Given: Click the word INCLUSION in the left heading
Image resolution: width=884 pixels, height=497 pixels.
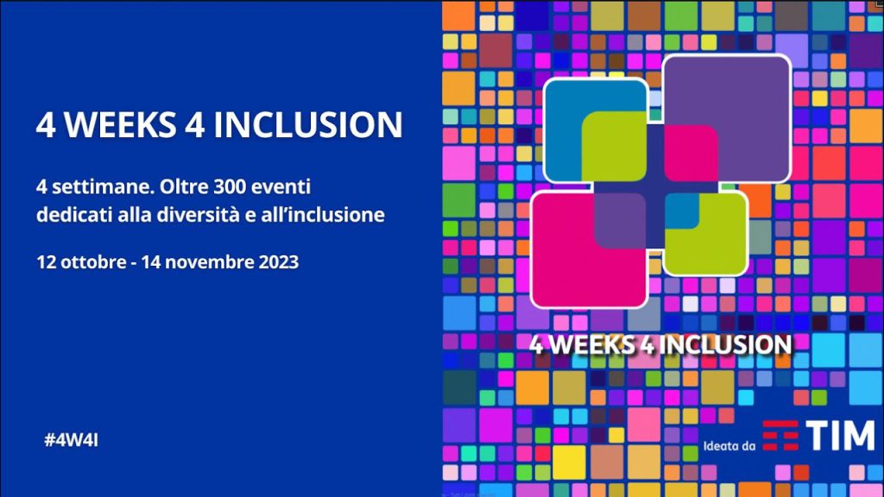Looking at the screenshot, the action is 308,124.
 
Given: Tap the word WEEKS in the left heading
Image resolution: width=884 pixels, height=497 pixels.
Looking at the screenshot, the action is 119,124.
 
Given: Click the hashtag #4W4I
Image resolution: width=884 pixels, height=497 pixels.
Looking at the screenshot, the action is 71,440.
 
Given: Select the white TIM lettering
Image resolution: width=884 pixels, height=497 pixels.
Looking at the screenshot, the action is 840,436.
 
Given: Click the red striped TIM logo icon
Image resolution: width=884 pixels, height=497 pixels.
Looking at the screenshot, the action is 780,436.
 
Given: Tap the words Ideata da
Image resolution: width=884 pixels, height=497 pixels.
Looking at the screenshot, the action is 729,446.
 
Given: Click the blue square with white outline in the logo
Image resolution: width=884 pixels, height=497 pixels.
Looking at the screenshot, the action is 564,129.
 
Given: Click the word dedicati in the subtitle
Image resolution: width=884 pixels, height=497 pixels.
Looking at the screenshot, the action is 74,215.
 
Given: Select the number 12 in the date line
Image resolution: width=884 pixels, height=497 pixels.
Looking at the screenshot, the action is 46,262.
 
